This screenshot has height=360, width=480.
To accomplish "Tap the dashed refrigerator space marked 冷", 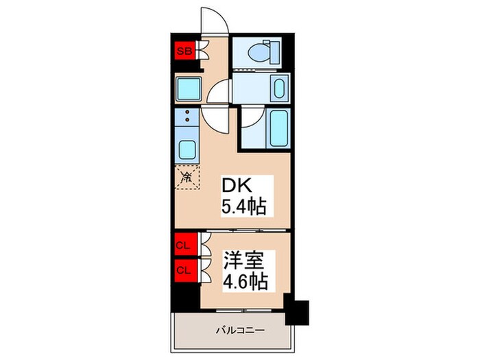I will (x=186, y=178).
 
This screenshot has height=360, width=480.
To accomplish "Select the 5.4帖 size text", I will (x=243, y=205).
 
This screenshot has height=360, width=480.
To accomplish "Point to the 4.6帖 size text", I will (x=244, y=281).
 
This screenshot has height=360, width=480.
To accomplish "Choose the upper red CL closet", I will (x=183, y=245).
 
